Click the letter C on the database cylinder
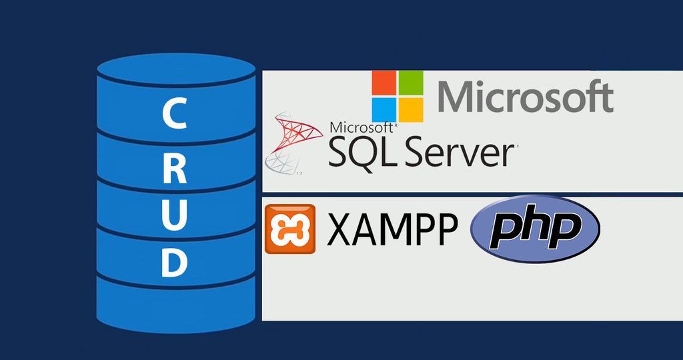(x=174, y=115)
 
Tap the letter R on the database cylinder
(x=174, y=169)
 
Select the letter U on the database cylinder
(x=174, y=214)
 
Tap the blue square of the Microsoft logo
(x=384, y=109)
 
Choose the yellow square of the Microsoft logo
(x=411, y=109)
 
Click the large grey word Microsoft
(x=525, y=97)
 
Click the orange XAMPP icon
(x=289, y=229)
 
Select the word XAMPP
(x=393, y=230)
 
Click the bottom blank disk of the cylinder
(x=176, y=303)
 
